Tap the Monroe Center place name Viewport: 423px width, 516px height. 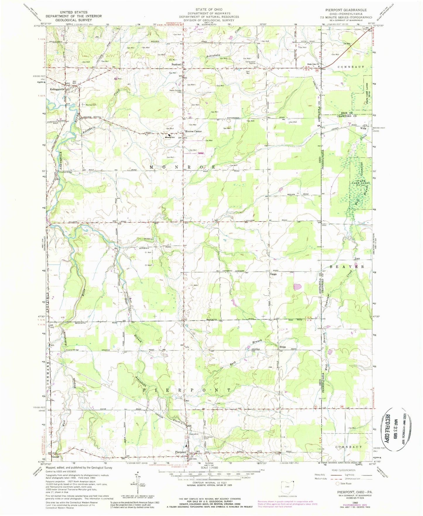tap(193, 131)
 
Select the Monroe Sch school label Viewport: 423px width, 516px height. tap(169, 138)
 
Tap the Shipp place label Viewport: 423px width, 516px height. tap(282, 347)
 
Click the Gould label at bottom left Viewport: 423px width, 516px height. tap(55, 457)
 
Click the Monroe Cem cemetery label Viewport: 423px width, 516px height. tap(91, 104)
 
